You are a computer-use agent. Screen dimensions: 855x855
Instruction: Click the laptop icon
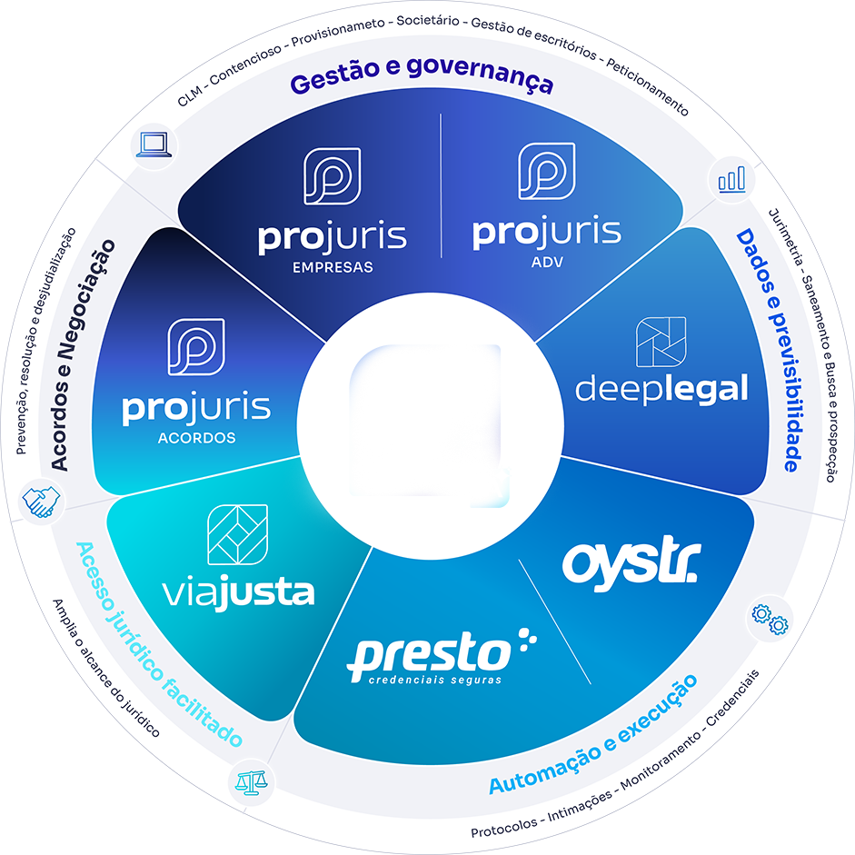point(154,144)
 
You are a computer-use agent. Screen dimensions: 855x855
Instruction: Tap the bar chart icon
point(731,179)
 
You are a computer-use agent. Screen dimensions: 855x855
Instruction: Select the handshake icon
point(41,502)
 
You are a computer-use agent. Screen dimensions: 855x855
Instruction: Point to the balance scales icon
point(251,782)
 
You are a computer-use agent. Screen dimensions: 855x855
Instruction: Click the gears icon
point(770,620)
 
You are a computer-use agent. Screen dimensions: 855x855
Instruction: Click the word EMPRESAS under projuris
point(333,267)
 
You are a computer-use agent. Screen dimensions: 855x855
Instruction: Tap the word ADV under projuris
point(547,263)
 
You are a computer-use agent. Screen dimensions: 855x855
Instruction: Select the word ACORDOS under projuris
point(197,438)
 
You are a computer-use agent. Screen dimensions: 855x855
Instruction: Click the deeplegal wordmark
point(661,389)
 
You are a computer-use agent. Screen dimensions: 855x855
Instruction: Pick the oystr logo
point(631,564)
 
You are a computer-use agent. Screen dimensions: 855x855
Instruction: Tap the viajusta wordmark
point(239,592)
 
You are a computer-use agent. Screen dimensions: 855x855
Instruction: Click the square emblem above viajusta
point(238,535)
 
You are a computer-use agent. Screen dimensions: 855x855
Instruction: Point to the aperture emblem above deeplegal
point(661,342)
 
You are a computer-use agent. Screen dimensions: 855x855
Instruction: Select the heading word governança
point(480,73)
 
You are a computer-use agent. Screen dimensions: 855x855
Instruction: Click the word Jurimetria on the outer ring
point(786,237)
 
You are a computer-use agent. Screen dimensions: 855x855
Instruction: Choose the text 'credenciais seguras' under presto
point(435,680)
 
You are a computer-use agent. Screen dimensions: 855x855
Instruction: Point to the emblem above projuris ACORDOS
point(196,347)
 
